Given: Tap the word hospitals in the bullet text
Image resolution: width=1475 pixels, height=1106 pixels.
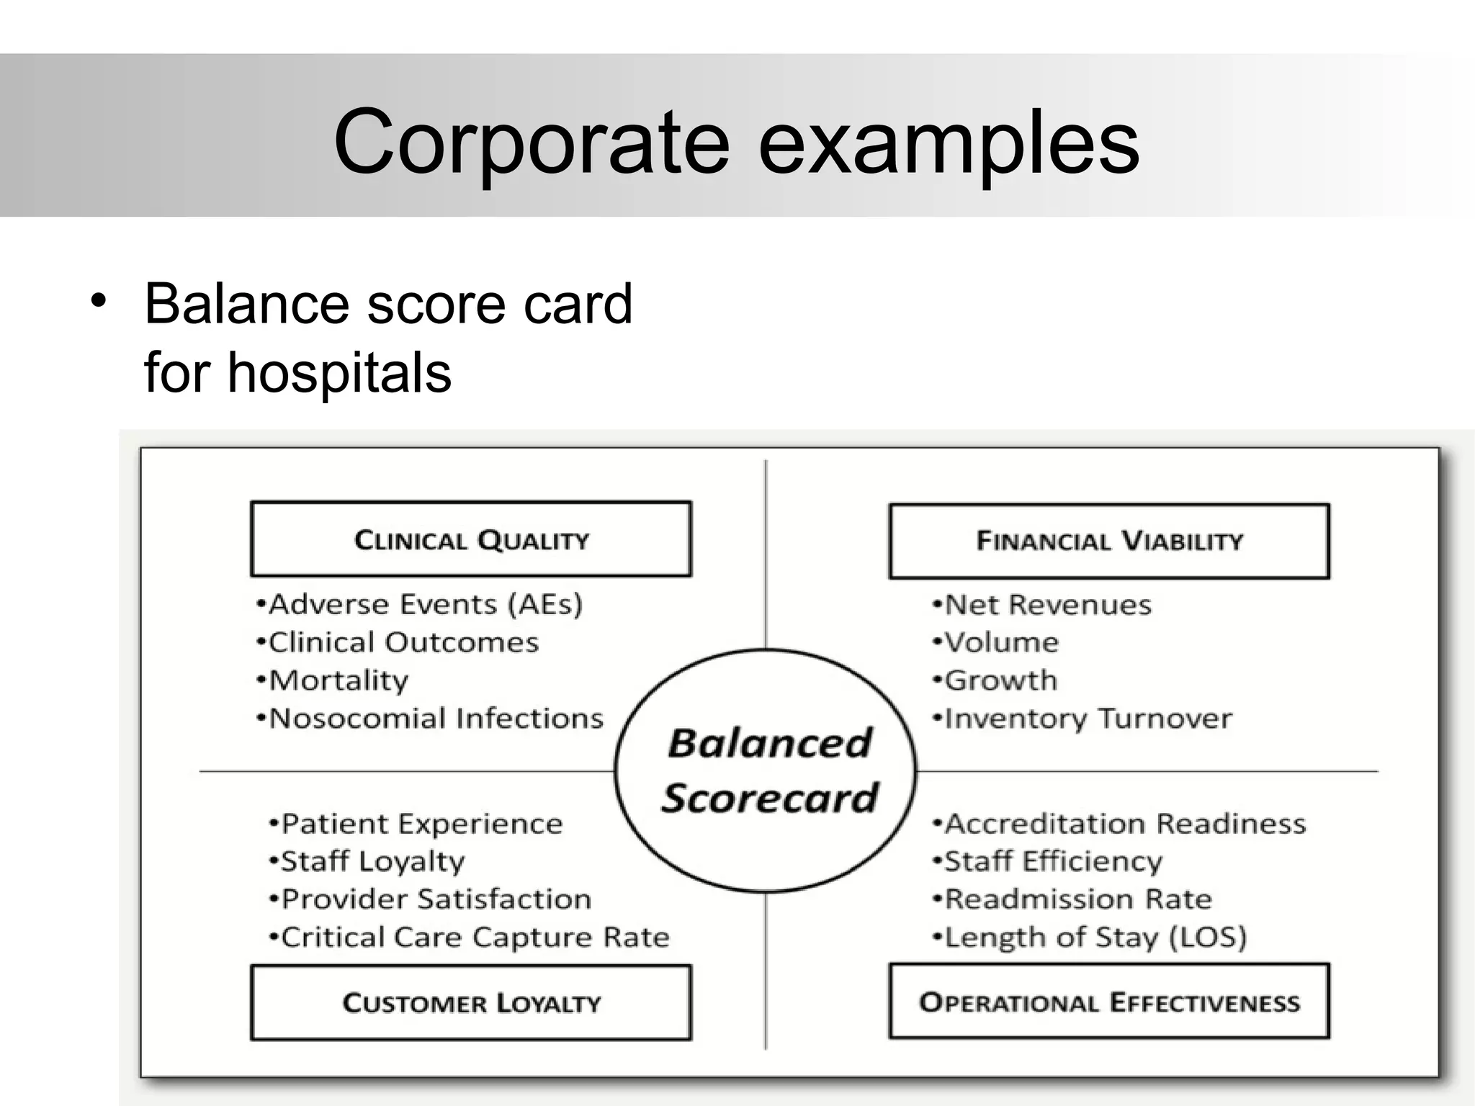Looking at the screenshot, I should point(339,373).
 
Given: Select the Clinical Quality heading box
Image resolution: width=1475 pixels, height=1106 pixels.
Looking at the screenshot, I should point(471,539).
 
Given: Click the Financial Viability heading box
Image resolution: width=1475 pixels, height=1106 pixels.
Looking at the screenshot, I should point(1109,541).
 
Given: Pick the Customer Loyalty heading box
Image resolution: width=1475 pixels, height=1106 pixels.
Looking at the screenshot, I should point(471,1003).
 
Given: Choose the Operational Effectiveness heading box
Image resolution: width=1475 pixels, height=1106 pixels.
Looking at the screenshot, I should point(1109,1002).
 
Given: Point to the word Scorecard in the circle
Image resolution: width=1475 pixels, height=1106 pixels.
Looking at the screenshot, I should point(770,799).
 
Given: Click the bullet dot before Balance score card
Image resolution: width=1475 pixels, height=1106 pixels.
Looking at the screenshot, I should point(99,301).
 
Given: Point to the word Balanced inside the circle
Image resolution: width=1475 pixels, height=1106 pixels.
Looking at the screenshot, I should point(770,743).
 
